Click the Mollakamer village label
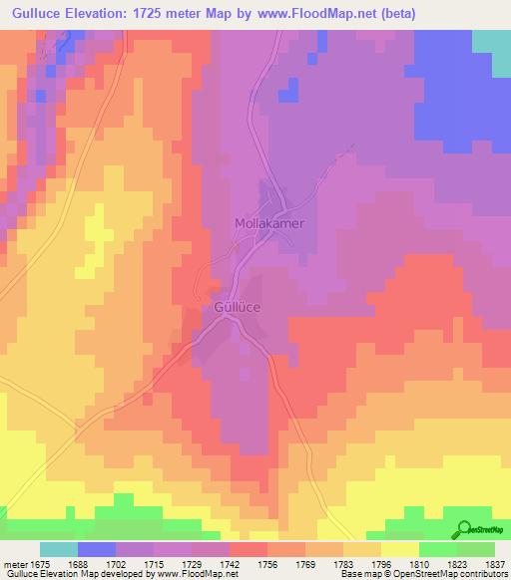pos(268,224)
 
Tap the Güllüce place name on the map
pos(238,309)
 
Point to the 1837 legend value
pos(483,563)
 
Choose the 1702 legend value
pos(115,563)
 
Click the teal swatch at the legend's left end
pos(59,549)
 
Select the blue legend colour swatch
pos(97,549)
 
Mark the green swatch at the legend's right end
pos(476,549)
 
